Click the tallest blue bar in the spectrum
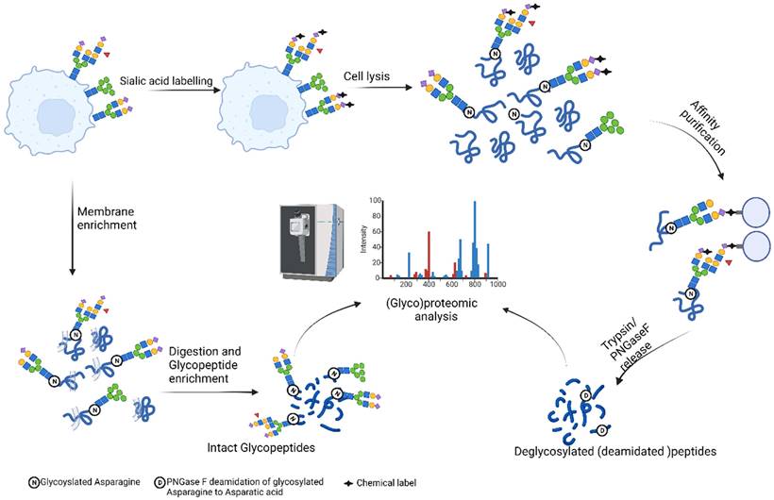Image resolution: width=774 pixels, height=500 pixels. click(x=474, y=240)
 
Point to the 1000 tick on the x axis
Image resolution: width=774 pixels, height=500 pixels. click(x=497, y=284)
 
